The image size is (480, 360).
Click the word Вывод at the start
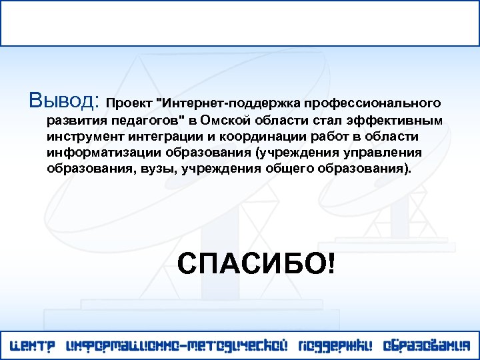click(x=64, y=101)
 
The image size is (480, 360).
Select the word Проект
click(x=129, y=104)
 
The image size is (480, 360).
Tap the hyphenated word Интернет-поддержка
click(x=227, y=104)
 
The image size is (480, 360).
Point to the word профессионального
click(x=373, y=104)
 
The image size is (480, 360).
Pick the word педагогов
click(x=147, y=121)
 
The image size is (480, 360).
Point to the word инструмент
click(x=83, y=137)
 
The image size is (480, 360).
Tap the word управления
click(x=389, y=153)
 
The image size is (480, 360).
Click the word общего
click(x=287, y=169)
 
